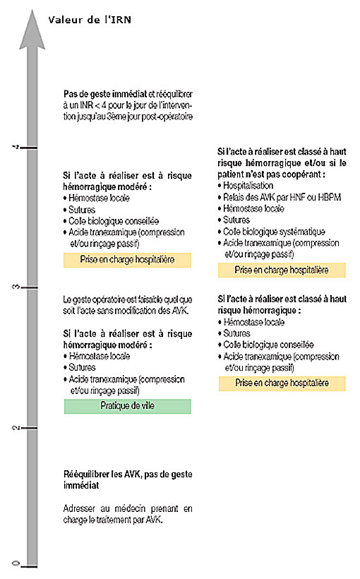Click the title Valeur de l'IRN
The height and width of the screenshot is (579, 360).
pyautogui.click(x=89, y=20)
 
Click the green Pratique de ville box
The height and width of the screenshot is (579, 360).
pyautogui.click(x=127, y=406)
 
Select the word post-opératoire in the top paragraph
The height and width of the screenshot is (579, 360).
pyautogui.click(x=165, y=116)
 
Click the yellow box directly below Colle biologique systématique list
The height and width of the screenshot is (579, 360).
pyautogui.click(x=282, y=270)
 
